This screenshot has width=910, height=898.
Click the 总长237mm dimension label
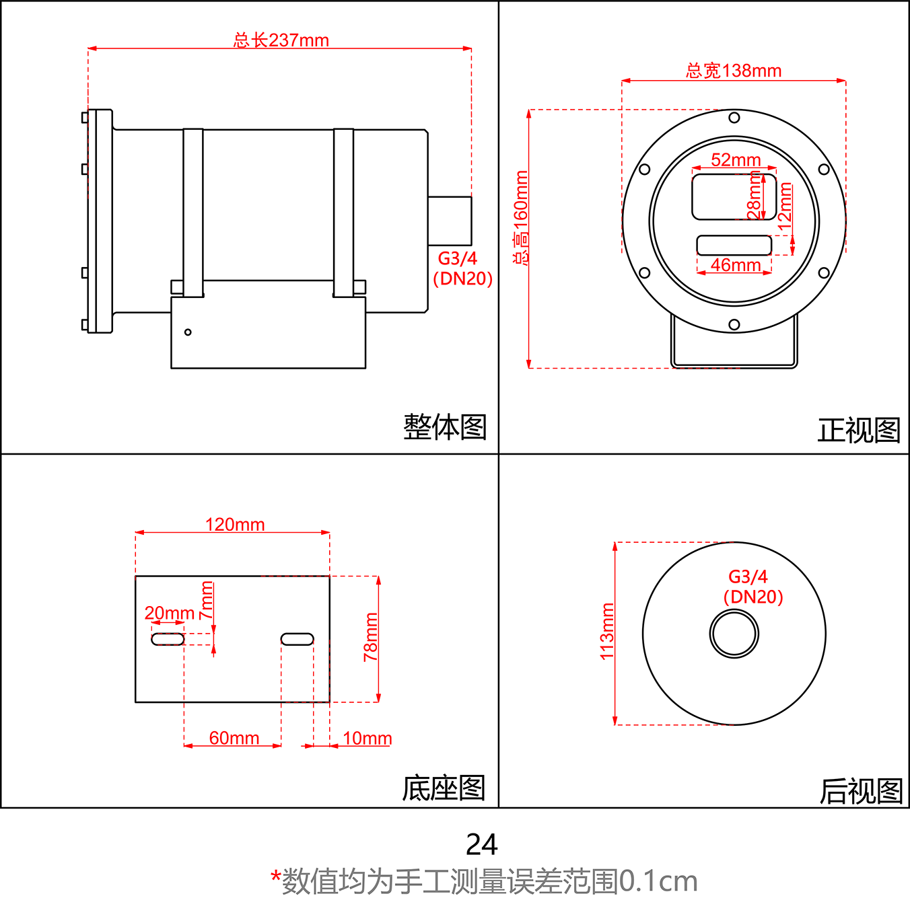click(x=281, y=40)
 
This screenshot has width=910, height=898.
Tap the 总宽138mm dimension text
click(x=733, y=71)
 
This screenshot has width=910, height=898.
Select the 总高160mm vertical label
click(x=521, y=217)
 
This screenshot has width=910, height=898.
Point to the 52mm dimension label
click(x=735, y=160)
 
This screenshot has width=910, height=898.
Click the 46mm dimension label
click(x=735, y=265)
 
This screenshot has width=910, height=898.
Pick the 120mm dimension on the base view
click(x=234, y=525)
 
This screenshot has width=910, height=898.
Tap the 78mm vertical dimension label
click(x=371, y=637)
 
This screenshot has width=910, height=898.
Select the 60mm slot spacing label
click(x=234, y=738)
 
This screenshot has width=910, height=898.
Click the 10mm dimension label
click(x=367, y=738)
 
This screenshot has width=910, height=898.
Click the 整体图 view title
click(x=444, y=427)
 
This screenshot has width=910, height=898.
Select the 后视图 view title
click(x=861, y=791)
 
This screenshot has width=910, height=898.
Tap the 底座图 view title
click(x=444, y=788)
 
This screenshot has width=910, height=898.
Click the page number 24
click(x=481, y=845)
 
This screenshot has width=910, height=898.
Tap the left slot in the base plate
click(x=168, y=639)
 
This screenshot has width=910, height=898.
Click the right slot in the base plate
click(x=297, y=639)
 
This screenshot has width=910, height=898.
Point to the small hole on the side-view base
click(x=188, y=332)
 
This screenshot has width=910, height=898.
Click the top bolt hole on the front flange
click(x=734, y=118)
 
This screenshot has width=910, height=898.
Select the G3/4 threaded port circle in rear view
click(x=734, y=634)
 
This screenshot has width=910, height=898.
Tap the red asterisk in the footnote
click(x=275, y=876)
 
